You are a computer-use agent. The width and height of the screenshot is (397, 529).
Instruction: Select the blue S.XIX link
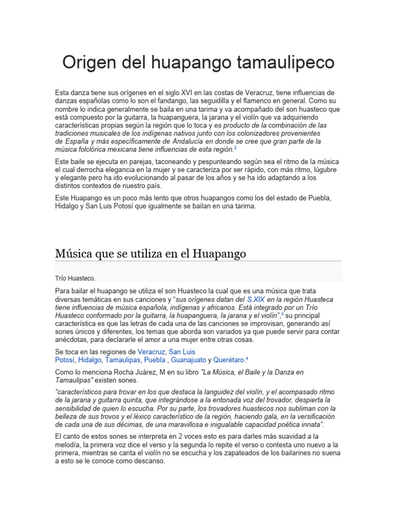pyautogui.click(x=256, y=299)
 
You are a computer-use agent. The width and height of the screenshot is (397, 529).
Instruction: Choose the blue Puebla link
pyautogui.click(x=155, y=360)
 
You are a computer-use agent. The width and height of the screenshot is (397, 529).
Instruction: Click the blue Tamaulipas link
pyautogui.click(x=122, y=360)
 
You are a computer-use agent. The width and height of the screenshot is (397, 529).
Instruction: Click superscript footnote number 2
pyautogui.click(x=235, y=148)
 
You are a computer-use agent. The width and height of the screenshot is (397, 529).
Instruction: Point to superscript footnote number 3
pyautogui.click(x=282, y=314)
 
